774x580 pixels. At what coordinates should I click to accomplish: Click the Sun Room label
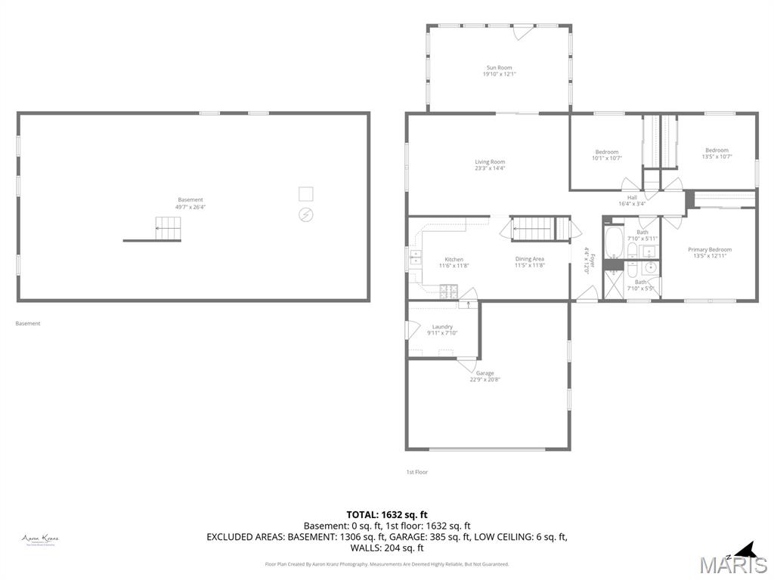(498, 68)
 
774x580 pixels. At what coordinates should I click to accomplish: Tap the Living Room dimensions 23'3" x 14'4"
(490, 168)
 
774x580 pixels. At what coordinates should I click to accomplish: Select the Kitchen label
(454, 259)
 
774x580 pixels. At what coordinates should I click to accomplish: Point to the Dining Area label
(529, 259)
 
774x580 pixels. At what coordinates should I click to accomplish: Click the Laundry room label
(442, 327)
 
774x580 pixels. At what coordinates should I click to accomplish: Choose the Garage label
(485, 373)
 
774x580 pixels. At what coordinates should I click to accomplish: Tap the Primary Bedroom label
(709, 249)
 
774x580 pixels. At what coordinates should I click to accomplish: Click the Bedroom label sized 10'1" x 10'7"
(606, 152)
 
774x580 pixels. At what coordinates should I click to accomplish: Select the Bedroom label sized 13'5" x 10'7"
(717, 150)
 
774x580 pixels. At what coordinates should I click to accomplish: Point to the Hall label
(632, 198)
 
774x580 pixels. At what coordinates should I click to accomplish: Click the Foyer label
(593, 261)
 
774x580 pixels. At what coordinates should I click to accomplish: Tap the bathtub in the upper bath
(613, 243)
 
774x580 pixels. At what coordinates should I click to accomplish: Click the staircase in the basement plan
(168, 228)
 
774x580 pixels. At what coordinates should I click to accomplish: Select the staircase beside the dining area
(533, 228)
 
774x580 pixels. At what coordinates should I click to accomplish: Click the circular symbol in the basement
(305, 214)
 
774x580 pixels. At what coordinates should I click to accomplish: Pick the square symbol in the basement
(305, 193)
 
